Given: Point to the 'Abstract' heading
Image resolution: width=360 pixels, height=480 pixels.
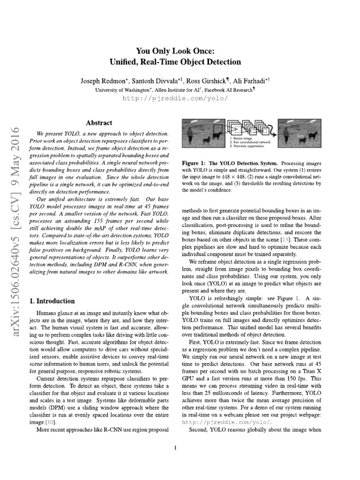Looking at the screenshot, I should (99, 123).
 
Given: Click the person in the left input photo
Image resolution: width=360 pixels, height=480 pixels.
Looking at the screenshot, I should (190, 136).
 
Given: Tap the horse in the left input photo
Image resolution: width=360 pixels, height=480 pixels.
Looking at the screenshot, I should (217, 136).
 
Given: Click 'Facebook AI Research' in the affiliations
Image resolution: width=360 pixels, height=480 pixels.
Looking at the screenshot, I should (229, 90).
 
